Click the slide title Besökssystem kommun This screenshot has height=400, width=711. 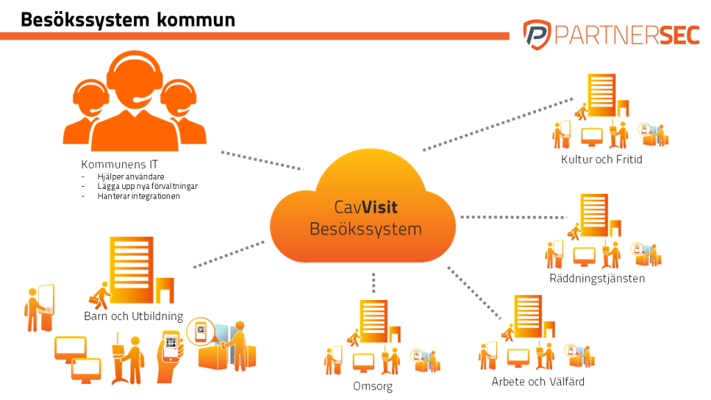127,19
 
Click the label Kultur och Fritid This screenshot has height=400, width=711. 601,160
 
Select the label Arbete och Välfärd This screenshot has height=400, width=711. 537,381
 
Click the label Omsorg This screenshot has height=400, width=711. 372,386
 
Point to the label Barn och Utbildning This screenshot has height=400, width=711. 133,317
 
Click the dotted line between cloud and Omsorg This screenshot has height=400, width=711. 374,282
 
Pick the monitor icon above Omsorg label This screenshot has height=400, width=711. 363,362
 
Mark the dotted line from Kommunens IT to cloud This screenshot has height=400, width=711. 262,160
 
